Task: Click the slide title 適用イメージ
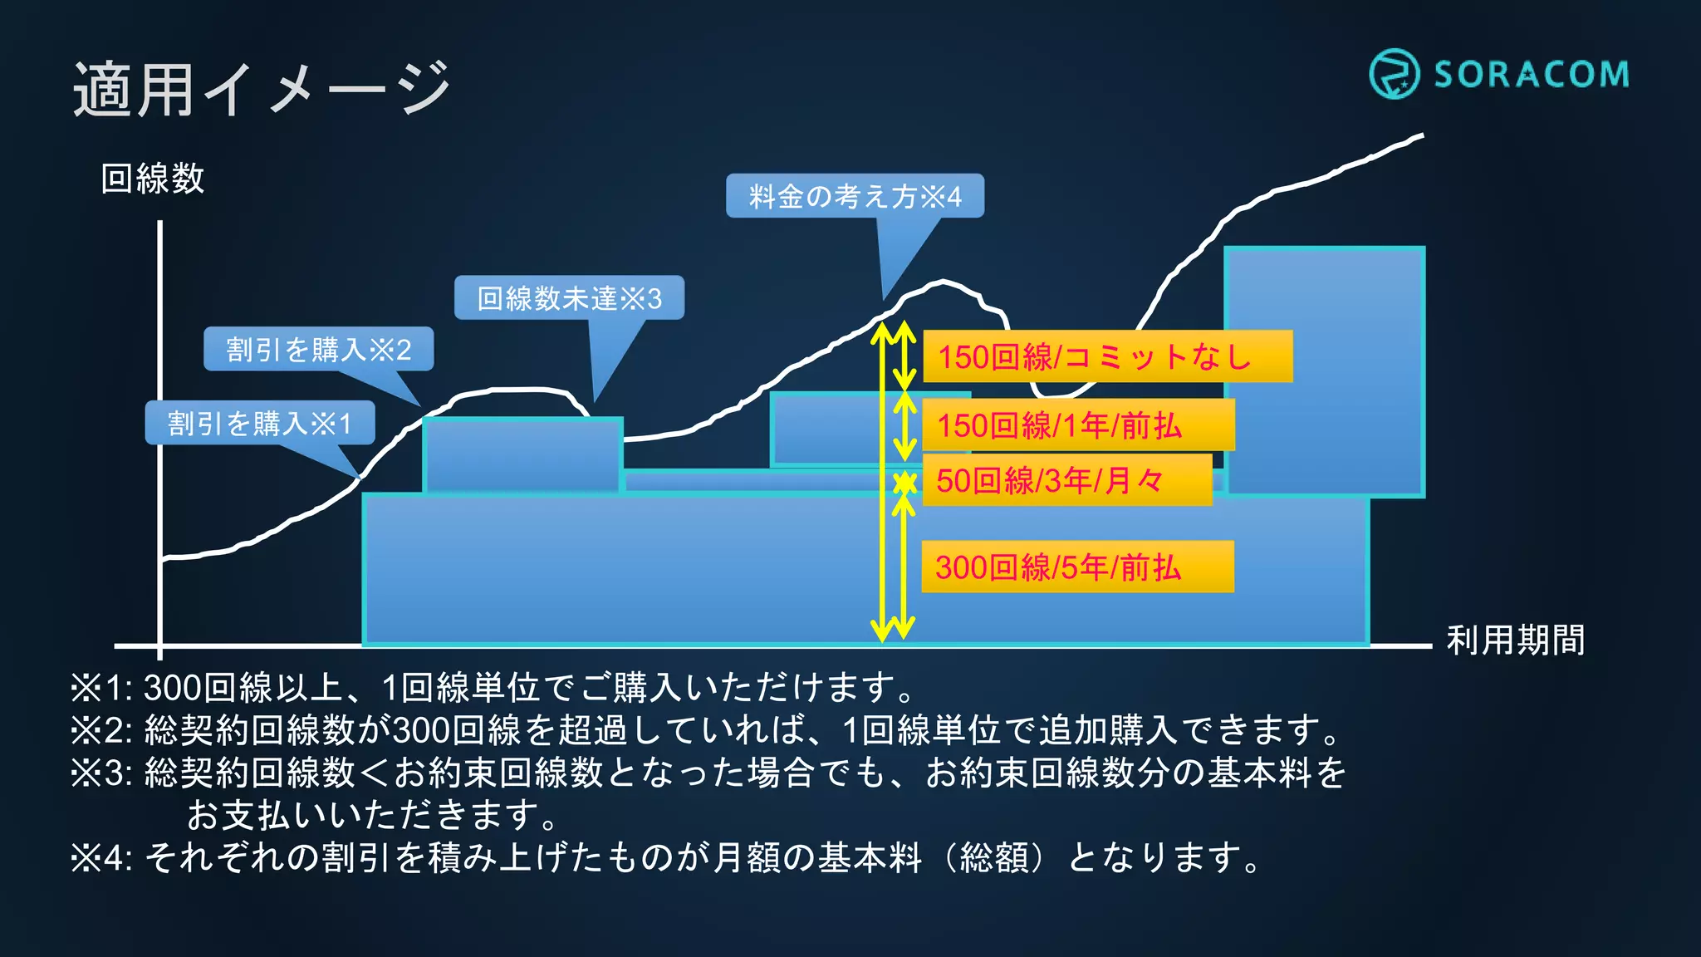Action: (x=262, y=89)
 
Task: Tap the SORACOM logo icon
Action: (x=1394, y=74)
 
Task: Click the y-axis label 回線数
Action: (x=153, y=179)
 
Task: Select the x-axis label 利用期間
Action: (x=1516, y=640)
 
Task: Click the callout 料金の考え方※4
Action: (x=855, y=196)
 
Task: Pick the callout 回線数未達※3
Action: (x=569, y=298)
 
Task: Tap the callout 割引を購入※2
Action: (x=319, y=349)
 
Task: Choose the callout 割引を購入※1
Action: (x=260, y=424)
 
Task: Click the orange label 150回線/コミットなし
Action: (x=1107, y=356)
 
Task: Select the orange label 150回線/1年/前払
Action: (x=1077, y=425)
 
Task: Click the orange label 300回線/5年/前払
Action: (x=1076, y=567)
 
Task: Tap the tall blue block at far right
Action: (x=1324, y=371)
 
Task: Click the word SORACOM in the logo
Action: (x=1532, y=75)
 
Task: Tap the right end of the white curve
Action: (x=1420, y=136)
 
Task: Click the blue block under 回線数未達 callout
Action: (x=522, y=454)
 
